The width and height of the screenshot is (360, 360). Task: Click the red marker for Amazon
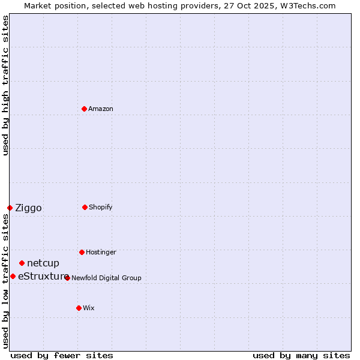[x=84, y=109]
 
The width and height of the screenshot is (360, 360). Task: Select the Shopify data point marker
[x=85, y=207]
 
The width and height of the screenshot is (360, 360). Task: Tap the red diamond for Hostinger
[x=82, y=252]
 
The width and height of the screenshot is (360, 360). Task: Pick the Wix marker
[x=79, y=308]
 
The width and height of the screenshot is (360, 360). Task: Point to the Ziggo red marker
[x=10, y=208]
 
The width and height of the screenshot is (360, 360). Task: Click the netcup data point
[x=22, y=263]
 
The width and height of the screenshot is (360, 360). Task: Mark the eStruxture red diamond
[x=13, y=276]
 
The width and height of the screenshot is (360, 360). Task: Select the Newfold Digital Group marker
[x=67, y=278]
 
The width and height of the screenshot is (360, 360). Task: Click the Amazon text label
[x=101, y=109]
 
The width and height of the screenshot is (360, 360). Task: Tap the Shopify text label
[x=101, y=207]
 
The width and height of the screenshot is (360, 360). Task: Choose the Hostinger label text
[x=101, y=252]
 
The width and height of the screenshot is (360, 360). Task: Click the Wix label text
[x=89, y=308]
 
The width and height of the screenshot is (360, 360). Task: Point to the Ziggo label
[x=28, y=208]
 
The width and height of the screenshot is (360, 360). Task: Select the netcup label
[x=43, y=263]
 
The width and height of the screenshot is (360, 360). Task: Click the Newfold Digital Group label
[x=106, y=278]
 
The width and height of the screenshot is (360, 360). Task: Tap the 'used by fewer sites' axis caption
[x=62, y=355]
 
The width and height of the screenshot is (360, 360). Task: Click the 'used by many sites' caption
[x=301, y=355]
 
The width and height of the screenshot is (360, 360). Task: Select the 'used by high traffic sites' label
[x=5, y=86]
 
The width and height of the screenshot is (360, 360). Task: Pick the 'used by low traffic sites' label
[x=5, y=281]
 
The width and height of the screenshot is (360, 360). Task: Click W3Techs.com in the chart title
[x=306, y=5]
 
